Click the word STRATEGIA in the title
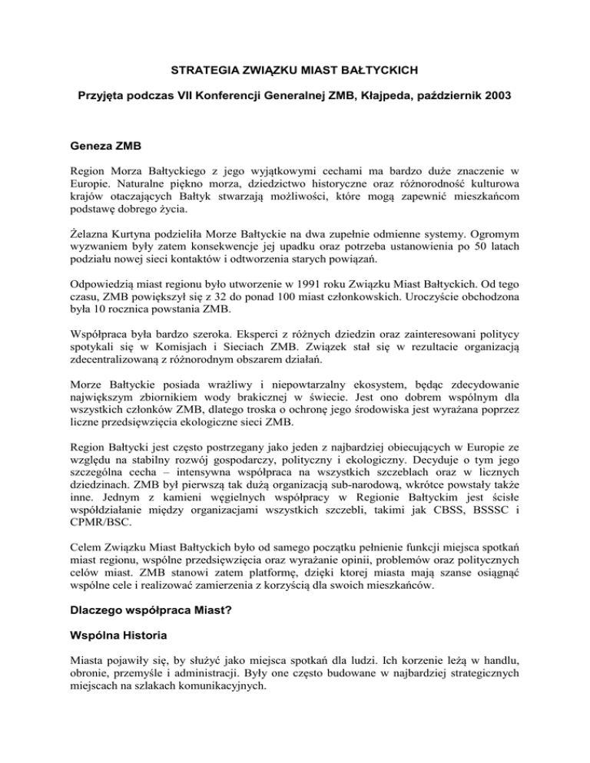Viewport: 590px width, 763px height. pyautogui.click(x=203, y=73)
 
